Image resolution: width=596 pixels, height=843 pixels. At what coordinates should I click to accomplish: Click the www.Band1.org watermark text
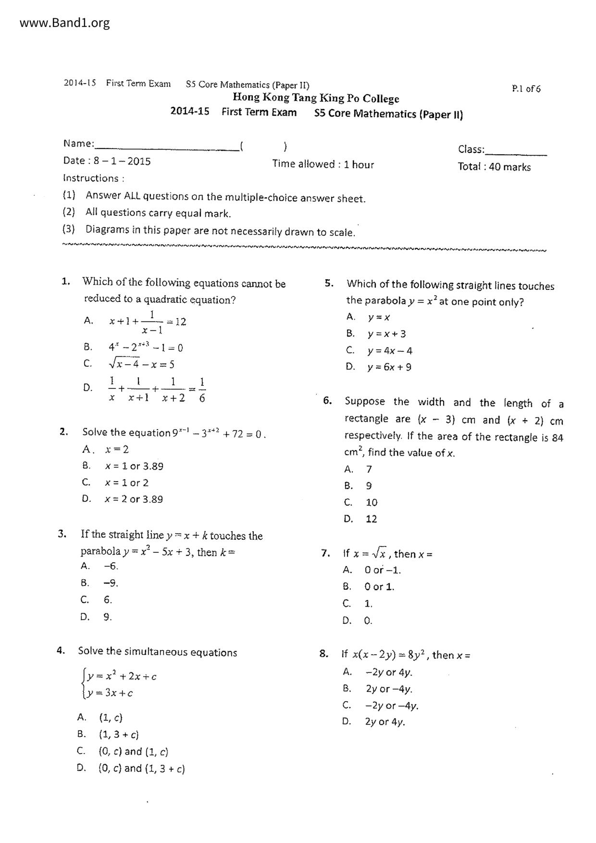tap(64, 23)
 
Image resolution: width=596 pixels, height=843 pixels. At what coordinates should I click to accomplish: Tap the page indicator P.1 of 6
tap(526, 89)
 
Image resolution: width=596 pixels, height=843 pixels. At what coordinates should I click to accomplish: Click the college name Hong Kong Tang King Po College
tap(316, 98)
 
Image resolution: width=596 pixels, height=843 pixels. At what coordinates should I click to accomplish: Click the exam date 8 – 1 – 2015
tap(122, 161)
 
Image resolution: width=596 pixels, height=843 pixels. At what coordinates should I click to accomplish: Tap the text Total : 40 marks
tap(494, 167)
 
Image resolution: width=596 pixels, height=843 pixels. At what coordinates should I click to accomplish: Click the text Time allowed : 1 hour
tap(323, 164)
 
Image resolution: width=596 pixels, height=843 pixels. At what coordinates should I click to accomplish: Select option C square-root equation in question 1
tap(141, 364)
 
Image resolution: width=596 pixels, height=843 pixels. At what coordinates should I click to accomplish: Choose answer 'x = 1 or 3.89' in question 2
tap(134, 466)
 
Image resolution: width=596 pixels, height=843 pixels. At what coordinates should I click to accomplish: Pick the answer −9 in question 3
tap(111, 583)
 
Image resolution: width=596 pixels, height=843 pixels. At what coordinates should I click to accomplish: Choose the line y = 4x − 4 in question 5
tap(390, 351)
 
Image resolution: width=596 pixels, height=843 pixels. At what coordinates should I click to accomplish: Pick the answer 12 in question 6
tap(372, 519)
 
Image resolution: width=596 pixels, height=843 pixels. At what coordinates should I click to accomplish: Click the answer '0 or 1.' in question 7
tap(379, 587)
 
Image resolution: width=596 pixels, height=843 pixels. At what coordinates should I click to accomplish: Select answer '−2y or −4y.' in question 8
tap(392, 706)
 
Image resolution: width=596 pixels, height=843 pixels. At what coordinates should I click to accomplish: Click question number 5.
tap(329, 283)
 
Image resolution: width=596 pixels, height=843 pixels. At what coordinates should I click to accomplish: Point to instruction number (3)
tap(69, 229)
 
